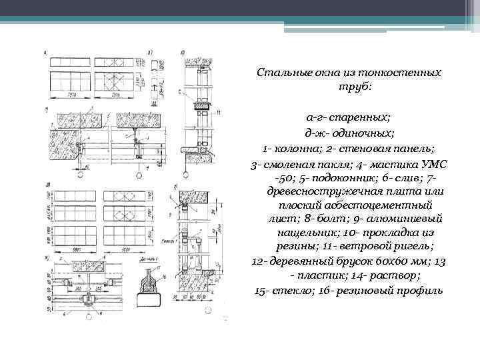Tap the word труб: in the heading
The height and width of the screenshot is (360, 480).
353,87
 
